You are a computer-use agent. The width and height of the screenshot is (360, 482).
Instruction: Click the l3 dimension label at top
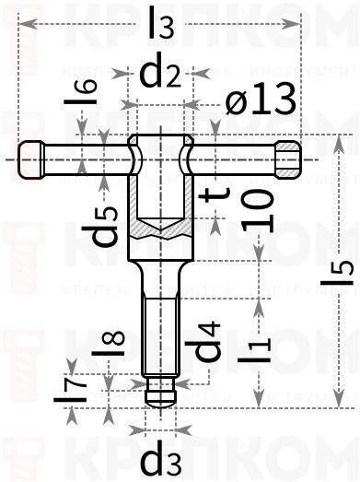[x=160, y=25]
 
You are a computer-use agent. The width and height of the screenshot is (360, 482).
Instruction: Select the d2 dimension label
[x=158, y=74]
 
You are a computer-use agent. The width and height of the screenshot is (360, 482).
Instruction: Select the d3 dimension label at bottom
[x=159, y=457]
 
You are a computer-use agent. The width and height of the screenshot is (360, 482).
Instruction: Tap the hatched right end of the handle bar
[x=289, y=158]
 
